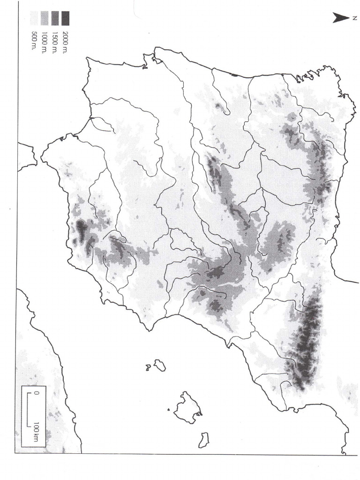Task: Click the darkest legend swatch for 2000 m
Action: coord(65,18)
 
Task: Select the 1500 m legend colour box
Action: coord(55,18)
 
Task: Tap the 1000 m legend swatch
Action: coord(45,18)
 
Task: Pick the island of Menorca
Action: coord(203,439)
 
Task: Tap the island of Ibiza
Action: coord(160,365)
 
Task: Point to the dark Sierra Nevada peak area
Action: coord(82,230)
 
